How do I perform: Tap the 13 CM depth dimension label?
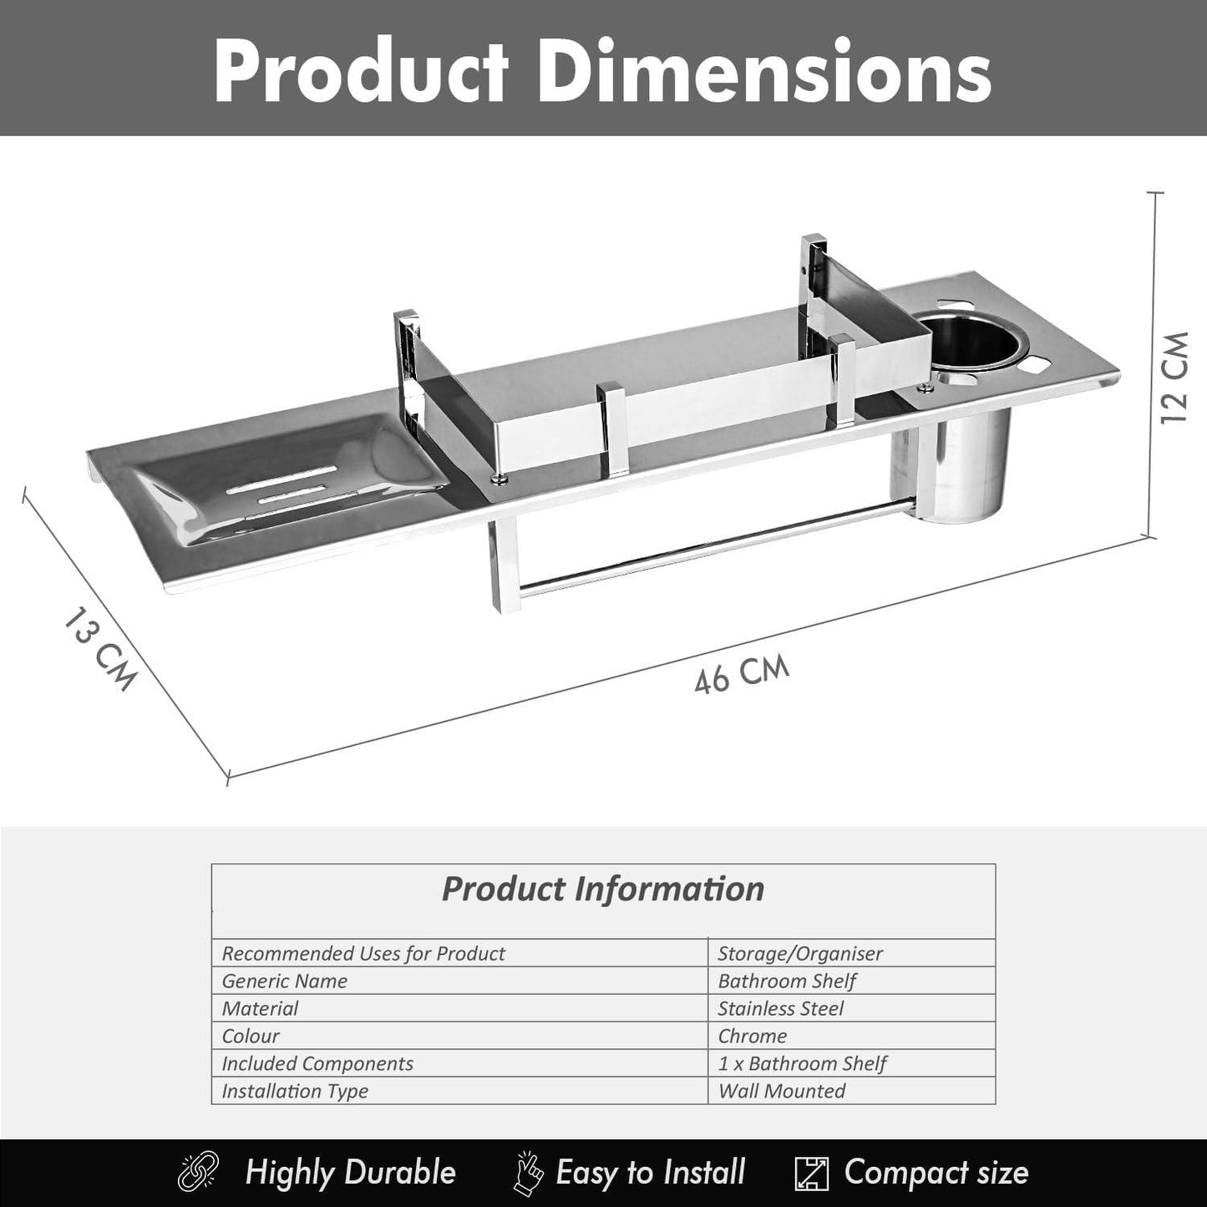point(99,652)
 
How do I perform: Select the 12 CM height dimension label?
point(1175,378)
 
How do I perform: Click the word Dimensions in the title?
point(763,72)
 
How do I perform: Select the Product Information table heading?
point(602,889)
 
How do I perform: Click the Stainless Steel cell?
point(780,1008)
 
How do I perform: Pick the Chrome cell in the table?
point(752,1036)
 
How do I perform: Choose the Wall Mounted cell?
point(781,1091)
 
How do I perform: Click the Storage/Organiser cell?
point(799,953)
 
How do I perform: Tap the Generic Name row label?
point(284,981)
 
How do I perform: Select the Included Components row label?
point(317,1063)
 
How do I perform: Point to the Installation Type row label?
point(294,1091)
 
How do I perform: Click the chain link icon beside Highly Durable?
point(199,1172)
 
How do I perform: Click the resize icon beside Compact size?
point(810,1173)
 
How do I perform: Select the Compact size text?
point(936,1173)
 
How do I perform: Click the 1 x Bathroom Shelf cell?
point(802,1063)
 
